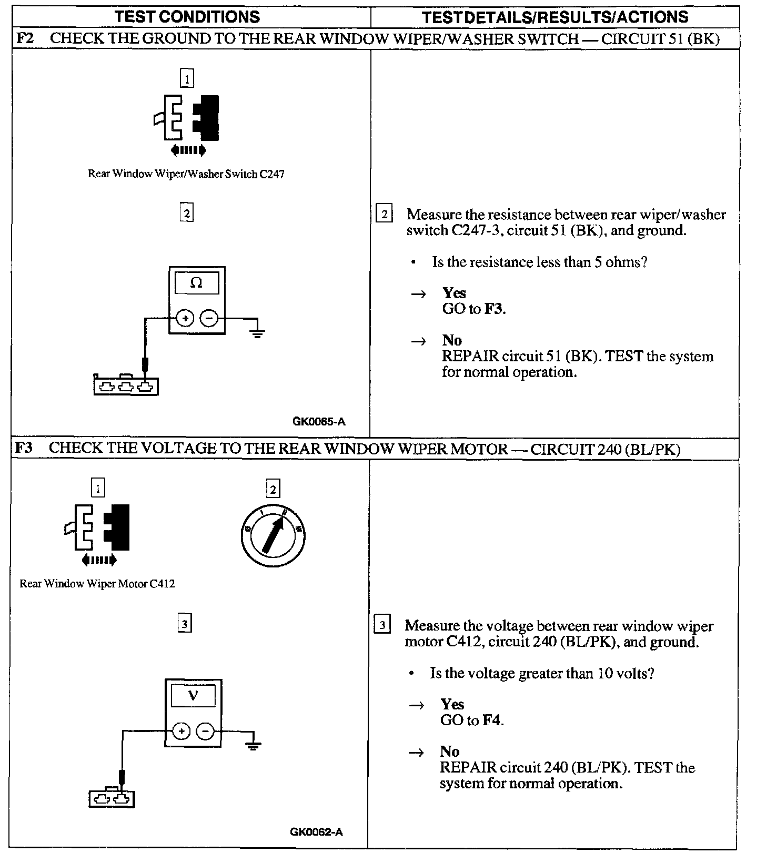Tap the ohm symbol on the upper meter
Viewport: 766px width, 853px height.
(x=196, y=283)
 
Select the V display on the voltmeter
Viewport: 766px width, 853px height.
(x=193, y=696)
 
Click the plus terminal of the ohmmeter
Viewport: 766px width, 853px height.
(x=185, y=318)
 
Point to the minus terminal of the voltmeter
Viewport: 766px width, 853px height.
(x=205, y=731)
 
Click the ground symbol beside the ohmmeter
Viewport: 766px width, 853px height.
(x=257, y=331)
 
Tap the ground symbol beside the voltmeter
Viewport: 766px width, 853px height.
(x=253, y=744)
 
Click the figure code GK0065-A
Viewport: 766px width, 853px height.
(x=319, y=421)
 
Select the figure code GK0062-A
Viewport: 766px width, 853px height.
(x=316, y=831)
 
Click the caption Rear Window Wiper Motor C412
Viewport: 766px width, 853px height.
(x=97, y=583)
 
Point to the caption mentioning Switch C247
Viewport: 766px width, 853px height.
(x=186, y=174)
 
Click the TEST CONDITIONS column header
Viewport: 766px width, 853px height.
(x=187, y=17)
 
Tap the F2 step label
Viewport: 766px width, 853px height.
(x=25, y=38)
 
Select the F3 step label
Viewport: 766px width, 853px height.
(x=24, y=448)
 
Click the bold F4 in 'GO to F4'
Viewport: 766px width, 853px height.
(x=492, y=720)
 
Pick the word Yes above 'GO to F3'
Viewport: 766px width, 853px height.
(x=454, y=292)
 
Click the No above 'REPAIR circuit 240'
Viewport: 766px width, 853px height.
(x=449, y=751)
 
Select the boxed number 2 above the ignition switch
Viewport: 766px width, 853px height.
(x=273, y=489)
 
